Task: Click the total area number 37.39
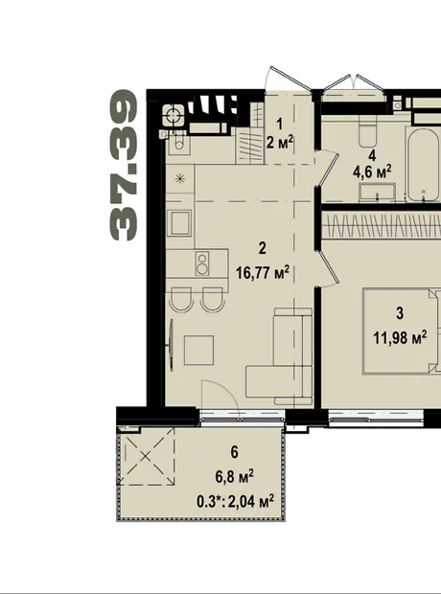pyautogui.click(x=124, y=165)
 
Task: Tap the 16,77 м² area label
pyautogui.click(x=263, y=272)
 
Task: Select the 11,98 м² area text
pyautogui.click(x=400, y=337)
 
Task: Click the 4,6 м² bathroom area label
pyautogui.click(x=372, y=172)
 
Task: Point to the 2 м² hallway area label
pyautogui.click(x=280, y=143)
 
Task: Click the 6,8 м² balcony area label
pyautogui.click(x=235, y=476)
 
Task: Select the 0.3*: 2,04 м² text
pyautogui.click(x=236, y=502)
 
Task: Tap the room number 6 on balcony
pyautogui.click(x=235, y=452)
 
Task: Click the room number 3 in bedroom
pyautogui.click(x=400, y=313)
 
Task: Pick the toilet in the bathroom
pyautogui.click(x=367, y=131)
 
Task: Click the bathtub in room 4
pyautogui.click(x=424, y=165)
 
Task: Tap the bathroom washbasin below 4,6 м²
pyautogui.click(x=378, y=192)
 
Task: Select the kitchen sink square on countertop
pyautogui.click(x=180, y=223)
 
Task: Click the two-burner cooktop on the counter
pyautogui.click(x=202, y=264)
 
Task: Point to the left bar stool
pyautogui.click(x=180, y=300)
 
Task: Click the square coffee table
pyautogui.click(x=198, y=350)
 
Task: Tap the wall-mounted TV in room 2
pyautogui.click(x=171, y=345)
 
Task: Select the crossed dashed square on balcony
pyautogui.click(x=147, y=456)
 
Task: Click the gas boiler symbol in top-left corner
pyautogui.click(x=174, y=115)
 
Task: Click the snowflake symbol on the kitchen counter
pyautogui.click(x=180, y=178)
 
